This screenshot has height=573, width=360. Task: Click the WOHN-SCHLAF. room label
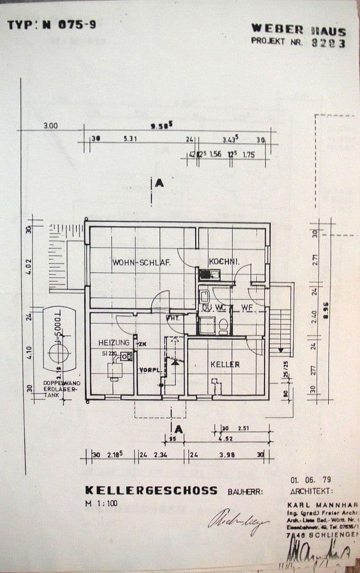141,262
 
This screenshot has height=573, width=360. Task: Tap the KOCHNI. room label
224,262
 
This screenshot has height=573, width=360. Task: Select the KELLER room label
225,364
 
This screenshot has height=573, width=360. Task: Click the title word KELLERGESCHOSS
151,490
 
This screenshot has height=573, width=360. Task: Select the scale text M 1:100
101,503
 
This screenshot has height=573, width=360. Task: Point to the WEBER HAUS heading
298,30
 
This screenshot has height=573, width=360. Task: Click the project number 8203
328,43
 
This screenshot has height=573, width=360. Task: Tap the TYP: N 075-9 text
51,24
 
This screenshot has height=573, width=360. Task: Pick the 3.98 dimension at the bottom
226,455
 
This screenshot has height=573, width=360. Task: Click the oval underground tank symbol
59,340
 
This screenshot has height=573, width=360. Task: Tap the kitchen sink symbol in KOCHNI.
209,274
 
